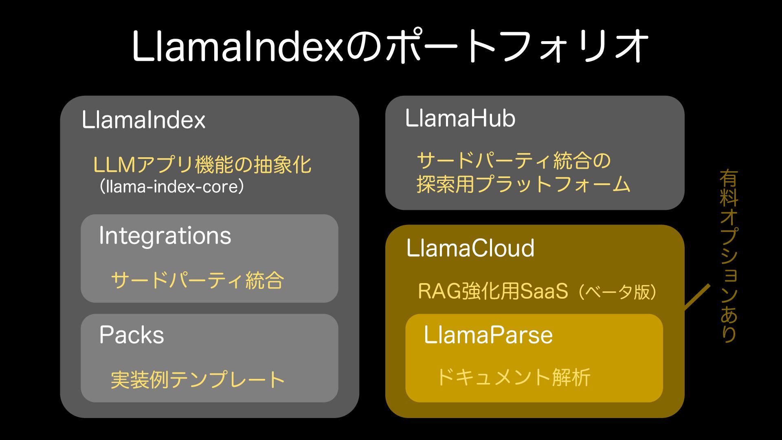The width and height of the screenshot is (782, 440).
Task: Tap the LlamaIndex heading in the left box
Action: pos(143,120)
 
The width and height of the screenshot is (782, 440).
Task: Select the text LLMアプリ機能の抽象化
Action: pos(202,165)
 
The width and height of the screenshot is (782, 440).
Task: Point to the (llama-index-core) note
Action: pos(171,187)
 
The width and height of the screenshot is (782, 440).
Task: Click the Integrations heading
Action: pos(165,236)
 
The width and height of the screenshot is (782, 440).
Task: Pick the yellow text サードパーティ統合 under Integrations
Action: pos(197,280)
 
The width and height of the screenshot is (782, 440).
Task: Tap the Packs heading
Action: pos(131,335)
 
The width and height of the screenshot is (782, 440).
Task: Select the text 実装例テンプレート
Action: pos(198,380)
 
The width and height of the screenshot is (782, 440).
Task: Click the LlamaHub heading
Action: pos(460,119)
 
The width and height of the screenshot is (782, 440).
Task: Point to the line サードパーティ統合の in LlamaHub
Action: pos(514,161)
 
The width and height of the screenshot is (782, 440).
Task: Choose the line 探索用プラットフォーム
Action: pos(523,184)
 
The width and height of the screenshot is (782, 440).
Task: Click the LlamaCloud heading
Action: pos(470,248)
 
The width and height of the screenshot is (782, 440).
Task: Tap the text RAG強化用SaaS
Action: pos(493,291)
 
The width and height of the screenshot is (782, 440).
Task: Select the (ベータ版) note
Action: pos(617,292)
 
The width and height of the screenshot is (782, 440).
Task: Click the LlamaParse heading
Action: pos(488,335)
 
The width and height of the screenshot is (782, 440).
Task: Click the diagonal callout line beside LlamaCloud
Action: pos(697,297)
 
